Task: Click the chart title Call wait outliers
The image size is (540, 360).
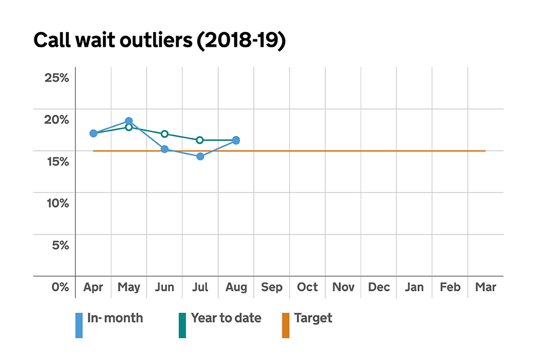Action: click(160, 41)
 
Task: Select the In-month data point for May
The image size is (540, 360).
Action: click(129, 121)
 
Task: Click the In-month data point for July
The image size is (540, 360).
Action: click(200, 156)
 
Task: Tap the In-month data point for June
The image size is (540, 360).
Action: click(164, 149)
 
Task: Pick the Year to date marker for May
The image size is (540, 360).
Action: click(129, 127)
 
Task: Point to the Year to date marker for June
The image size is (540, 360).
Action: click(164, 134)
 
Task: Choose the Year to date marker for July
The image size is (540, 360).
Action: click(200, 140)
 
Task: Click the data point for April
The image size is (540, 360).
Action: click(93, 133)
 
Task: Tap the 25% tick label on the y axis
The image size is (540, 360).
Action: click(57, 78)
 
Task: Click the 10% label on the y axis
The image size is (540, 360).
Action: click(57, 203)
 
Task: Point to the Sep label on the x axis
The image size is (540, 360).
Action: click(272, 287)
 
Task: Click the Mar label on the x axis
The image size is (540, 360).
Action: click(485, 287)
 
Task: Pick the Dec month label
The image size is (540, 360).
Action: click(379, 287)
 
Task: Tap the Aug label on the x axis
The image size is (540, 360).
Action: click(236, 287)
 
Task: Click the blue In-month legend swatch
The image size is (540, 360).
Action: click(79, 325)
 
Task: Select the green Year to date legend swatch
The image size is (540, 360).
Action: click(182, 325)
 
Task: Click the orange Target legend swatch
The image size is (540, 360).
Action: click(285, 325)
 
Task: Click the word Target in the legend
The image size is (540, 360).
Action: click(313, 318)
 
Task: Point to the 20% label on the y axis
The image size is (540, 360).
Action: click(57, 119)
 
